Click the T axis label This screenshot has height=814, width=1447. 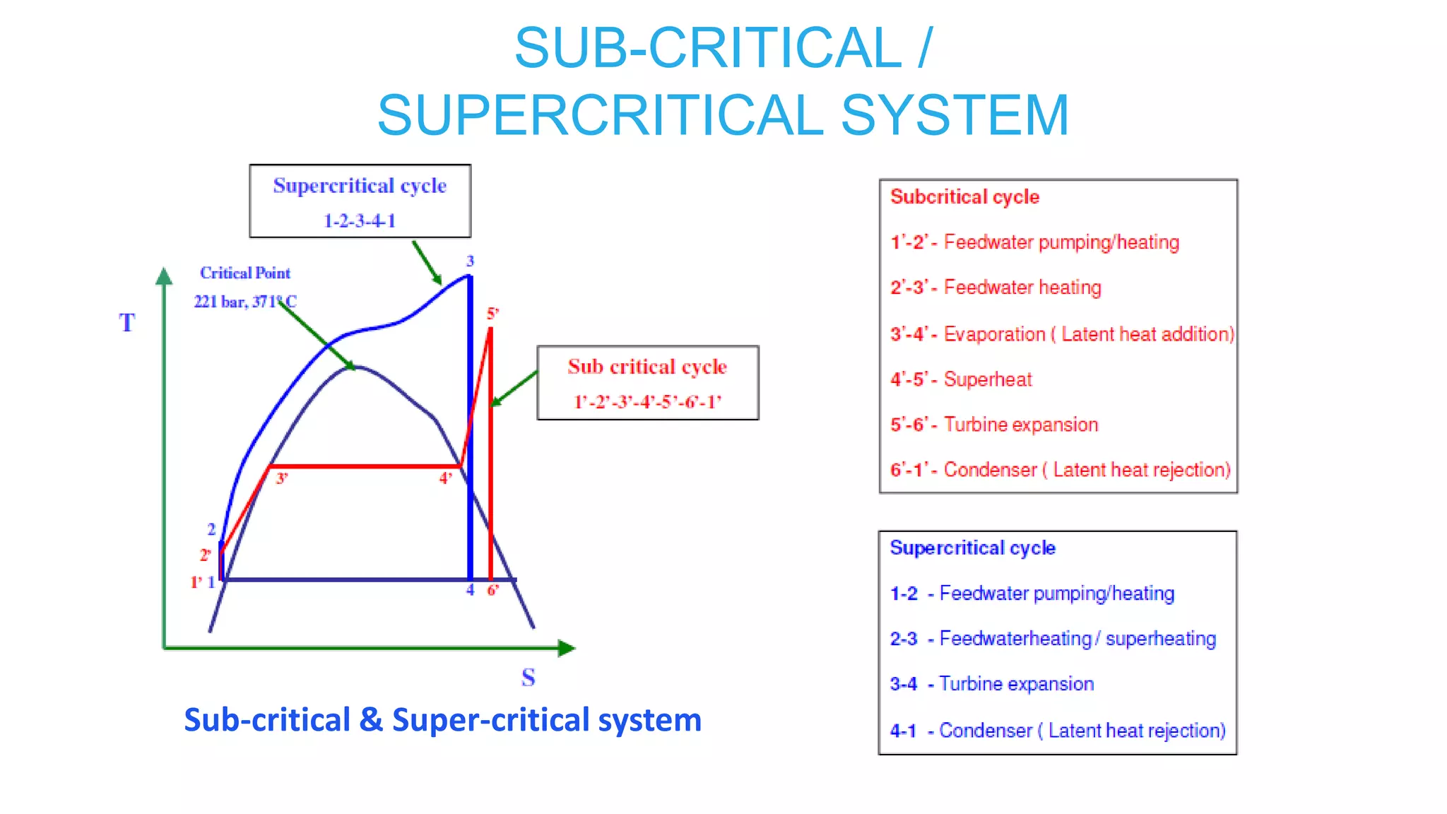coord(126,323)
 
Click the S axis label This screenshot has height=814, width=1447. coord(528,678)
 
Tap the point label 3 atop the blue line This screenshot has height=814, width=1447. coord(470,261)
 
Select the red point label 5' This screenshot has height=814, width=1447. coord(492,313)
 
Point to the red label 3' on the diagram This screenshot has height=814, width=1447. coord(282,479)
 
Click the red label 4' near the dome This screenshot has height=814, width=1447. coord(445,479)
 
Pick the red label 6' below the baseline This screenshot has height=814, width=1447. coord(492,590)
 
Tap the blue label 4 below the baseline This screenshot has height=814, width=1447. coord(470,590)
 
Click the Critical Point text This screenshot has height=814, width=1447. coord(245,273)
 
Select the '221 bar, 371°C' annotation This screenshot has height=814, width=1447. coord(245,302)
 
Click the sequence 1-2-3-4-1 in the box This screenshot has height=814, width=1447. coord(360,221)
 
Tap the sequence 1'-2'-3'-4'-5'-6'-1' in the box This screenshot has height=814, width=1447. coord(648,402)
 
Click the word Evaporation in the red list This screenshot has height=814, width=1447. coord(994,334)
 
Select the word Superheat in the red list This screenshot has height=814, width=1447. coord(988,379)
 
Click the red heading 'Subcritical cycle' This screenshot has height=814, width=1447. coord(964,197)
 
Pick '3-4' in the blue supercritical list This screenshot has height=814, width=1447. coord(904,684)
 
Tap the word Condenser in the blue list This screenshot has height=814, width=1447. coord(986,731)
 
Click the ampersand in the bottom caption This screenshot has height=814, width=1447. coord(371,720)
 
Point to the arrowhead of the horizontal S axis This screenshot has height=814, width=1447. coord(567,648)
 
